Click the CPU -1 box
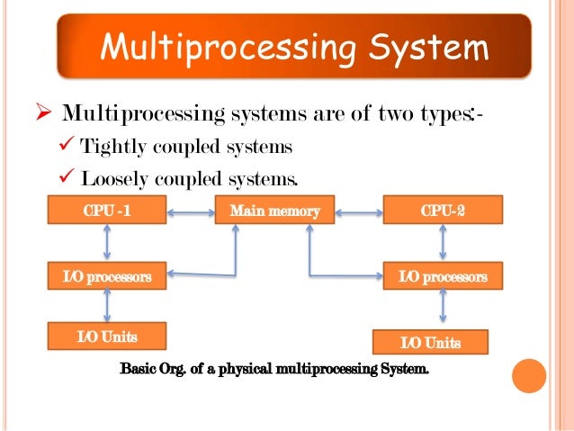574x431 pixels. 107,211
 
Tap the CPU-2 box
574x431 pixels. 442,211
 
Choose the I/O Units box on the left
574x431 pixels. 107,337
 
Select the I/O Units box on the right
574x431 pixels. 430,343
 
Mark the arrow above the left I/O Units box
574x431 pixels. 107,307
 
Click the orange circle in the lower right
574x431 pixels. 530,375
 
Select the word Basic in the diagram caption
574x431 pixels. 139,369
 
